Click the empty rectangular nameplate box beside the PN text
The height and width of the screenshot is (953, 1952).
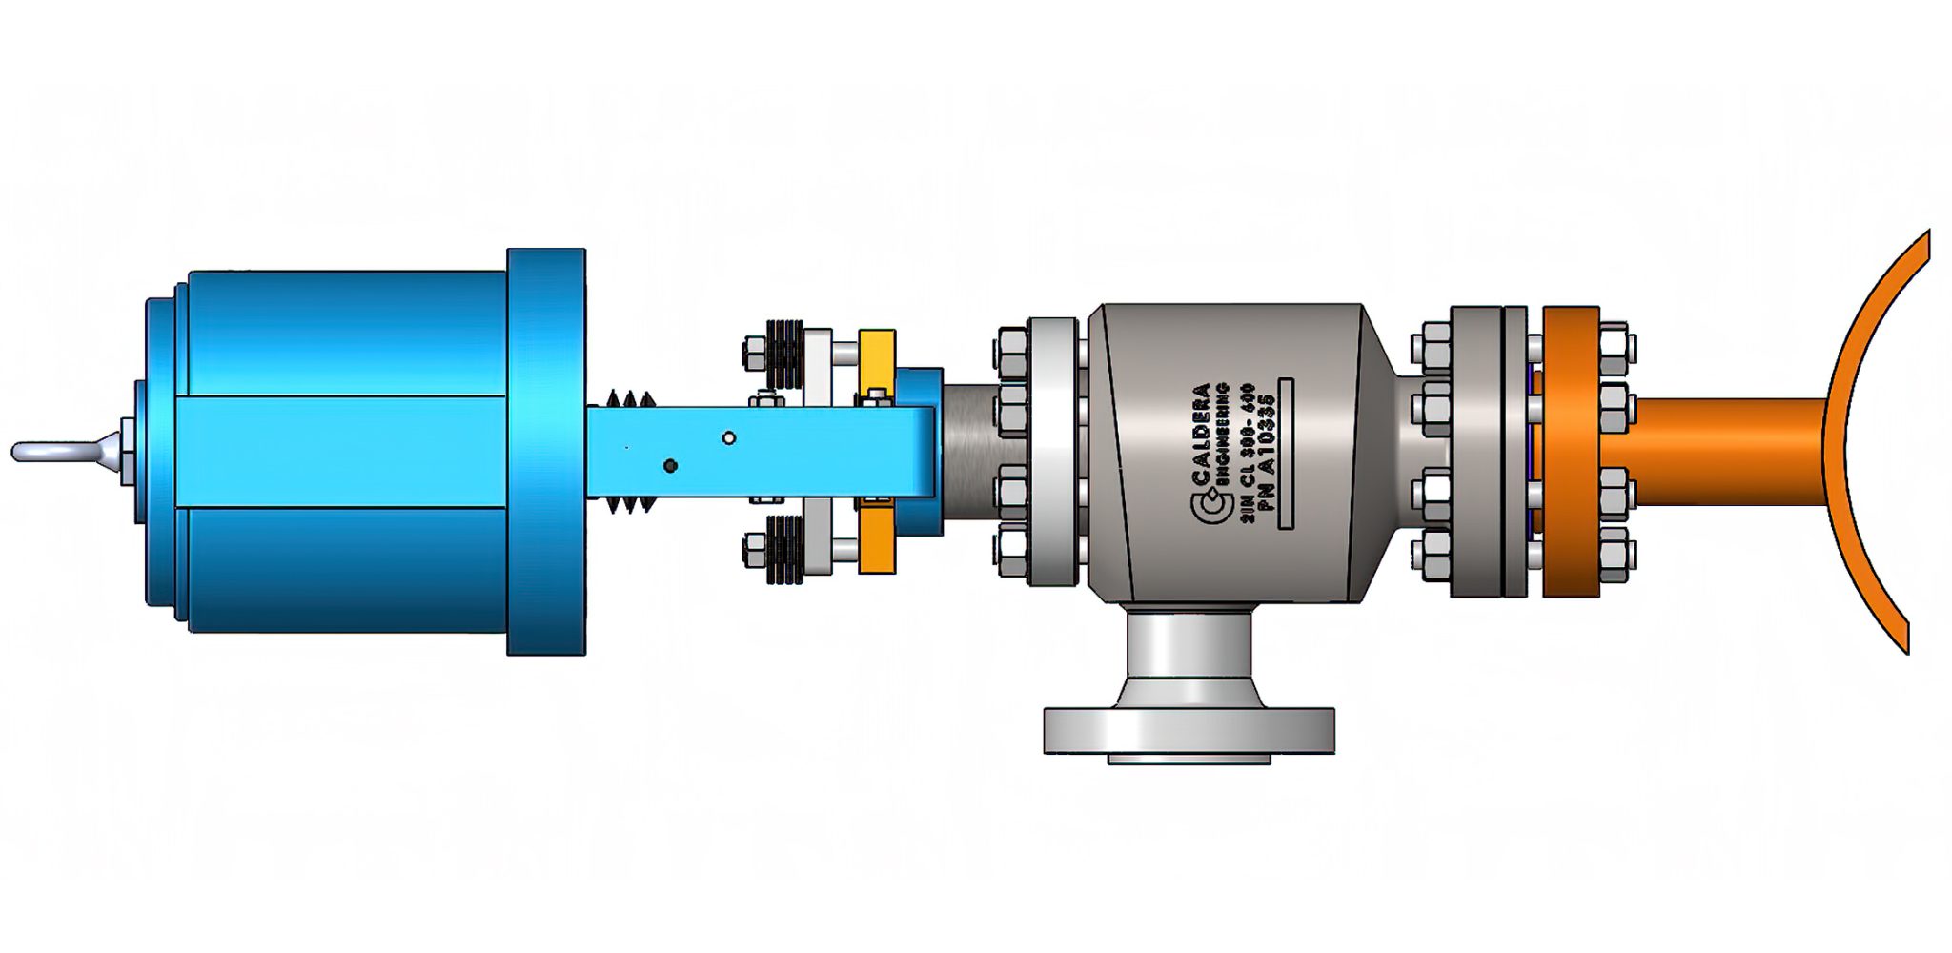[x=1286, y=453]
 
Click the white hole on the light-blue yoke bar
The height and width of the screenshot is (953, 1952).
[x=729, y=437]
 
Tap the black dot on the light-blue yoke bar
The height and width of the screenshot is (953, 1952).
[x=670, y=466]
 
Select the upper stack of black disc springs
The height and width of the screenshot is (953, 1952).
[x=784, y=355]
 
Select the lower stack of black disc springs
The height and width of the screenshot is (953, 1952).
[x=784, y=549]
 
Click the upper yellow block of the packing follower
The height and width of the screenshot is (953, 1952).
[x=876, y=360]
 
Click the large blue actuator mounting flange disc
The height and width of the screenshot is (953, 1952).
[x=545, y=452]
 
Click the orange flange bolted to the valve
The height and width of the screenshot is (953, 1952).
[x=1570, y=452]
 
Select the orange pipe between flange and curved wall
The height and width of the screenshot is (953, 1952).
[x=1725, y=452]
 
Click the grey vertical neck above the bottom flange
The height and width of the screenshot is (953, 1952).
[x=1189, y=648]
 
